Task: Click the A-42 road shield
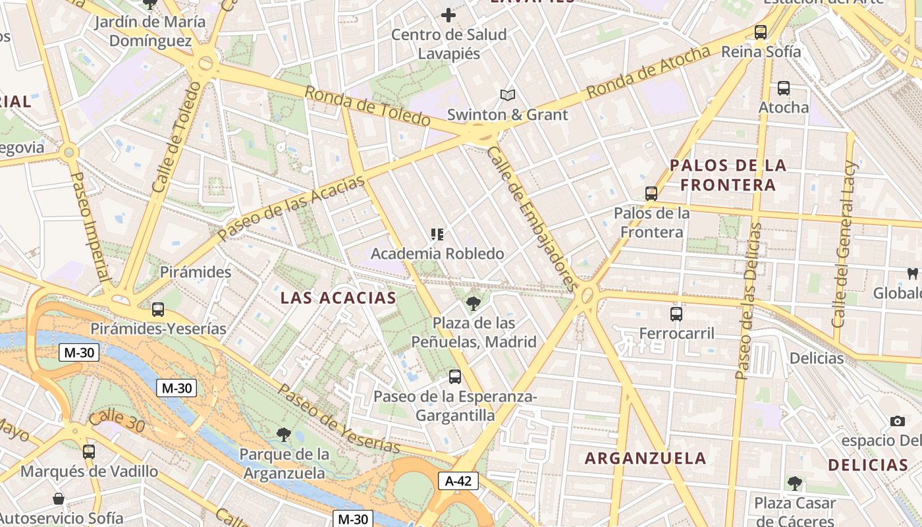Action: point(458,481)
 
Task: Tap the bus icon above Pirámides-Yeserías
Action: point(157,309)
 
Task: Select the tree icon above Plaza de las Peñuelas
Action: point(473,304)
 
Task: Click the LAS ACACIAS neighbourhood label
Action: point(339,298)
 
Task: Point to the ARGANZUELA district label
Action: point(645,458)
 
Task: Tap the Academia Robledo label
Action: point(437,254)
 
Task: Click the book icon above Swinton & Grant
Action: point(507,96)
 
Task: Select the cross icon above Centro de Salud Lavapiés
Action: point(448,15)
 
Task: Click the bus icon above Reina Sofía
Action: point(761,32)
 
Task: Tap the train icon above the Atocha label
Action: point(784,88)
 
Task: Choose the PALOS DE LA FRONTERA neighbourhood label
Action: point(728,175)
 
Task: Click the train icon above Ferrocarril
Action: point(676,314)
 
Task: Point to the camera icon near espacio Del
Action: point(897,421)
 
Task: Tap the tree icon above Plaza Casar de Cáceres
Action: point(795,484)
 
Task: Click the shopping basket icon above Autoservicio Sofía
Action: point(59,499)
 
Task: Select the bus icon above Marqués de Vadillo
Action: point(89,452)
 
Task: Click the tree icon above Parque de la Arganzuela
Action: point(284,434)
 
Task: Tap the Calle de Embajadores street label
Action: point(532,218)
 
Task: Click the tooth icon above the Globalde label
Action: point(913,273)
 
